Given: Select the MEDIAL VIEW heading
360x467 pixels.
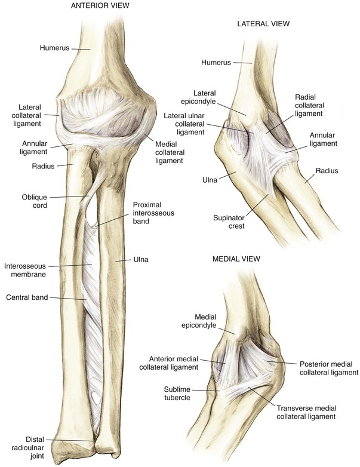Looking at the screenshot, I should click(235, 259).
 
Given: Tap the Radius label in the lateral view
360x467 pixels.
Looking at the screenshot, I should click(327, 171).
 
